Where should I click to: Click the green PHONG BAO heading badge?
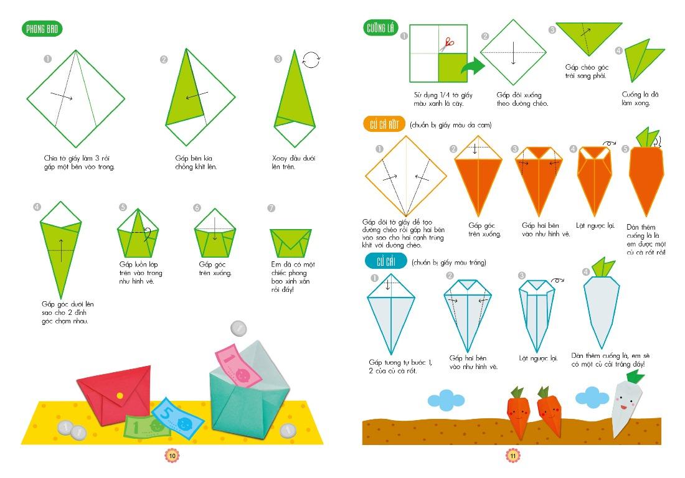tap(42, 29)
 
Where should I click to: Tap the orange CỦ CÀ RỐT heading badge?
tap(384, 125)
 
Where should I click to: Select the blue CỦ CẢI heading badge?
tap(386, 261)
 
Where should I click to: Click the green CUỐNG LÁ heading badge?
tap(380, 29)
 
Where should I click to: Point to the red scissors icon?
tap(447, 44)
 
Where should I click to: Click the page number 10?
tap(172, 456)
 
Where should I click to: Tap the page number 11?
tap(513, 456)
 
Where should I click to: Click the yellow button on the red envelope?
tap(120, 395)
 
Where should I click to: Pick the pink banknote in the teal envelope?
tap(238, 366)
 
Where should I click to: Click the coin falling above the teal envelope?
tap(239, 328)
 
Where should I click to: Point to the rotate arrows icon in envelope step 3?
tap(311, 60)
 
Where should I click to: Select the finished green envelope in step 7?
tap(291, 243)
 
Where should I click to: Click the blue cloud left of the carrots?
tap(446, 399)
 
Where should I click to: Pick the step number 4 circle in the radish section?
tap(586, 272)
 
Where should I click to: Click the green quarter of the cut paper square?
tap(453, 68)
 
